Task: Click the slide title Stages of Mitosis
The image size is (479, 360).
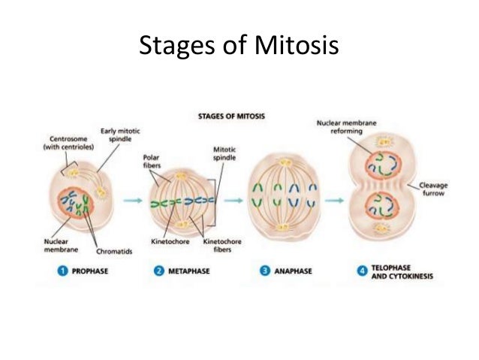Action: [239, 47]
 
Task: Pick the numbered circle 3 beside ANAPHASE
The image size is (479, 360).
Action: [265, 271]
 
